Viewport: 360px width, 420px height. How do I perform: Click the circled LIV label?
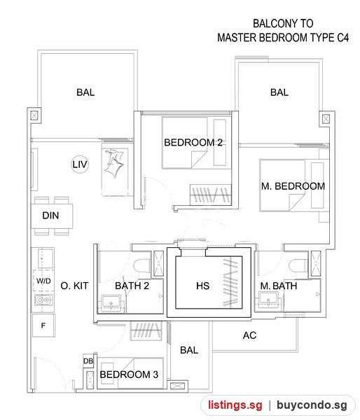80,164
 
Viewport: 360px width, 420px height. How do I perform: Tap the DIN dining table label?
50,216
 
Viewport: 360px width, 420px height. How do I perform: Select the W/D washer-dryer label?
43,281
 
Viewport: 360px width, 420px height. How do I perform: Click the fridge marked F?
43,325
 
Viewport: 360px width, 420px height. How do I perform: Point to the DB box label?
88,361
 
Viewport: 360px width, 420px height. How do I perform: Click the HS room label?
202,286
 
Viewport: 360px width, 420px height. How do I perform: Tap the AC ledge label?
249,335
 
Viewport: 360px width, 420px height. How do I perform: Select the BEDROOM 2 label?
193,143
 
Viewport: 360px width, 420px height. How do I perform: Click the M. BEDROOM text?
293,186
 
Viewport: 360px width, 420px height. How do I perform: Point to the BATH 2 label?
132,286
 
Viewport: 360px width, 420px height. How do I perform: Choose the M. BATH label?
279,286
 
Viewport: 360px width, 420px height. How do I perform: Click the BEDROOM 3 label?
129,374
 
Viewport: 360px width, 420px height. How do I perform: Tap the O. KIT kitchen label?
74,286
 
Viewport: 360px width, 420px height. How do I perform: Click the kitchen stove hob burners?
43,300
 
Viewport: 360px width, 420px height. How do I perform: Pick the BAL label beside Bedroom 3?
189,350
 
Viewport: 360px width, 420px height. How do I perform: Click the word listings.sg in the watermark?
235,405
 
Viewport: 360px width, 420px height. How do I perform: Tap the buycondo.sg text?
312,405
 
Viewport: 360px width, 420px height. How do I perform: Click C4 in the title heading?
343,38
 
